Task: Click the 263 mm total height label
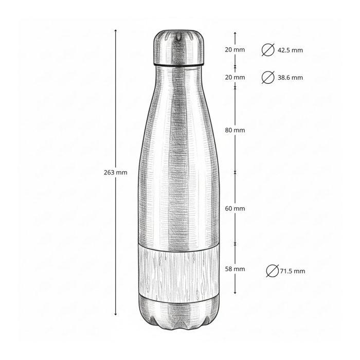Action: pyautogui.click(x=116, y=172)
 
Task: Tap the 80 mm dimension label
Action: pyautogui.click(x=235, y=130)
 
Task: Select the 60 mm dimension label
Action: pyautogui.click(x=235, y=208)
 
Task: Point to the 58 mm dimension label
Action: pyautogui.click(x=235, y=269)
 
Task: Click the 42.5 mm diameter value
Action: pyautogui.click(x=290, y=50)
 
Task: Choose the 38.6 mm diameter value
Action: pyautogui.click(x=290, y=78)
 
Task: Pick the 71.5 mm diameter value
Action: pyautogui.click(x=293, y=271)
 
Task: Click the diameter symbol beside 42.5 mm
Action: pyautogui.click(x=268, y=50)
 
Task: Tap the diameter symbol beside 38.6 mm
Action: pyautogui.click(x=268, y=77)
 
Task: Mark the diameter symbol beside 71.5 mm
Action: pyautogui.click(x=273, y=271)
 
